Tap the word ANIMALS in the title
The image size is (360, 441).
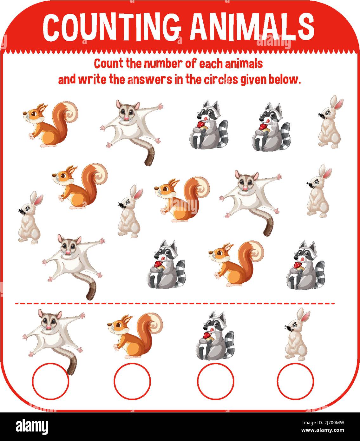pos(253,27)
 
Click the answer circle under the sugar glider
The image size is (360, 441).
pos(50,381)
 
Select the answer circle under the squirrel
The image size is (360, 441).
pos(133,381)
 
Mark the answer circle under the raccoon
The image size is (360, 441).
pos(215,381)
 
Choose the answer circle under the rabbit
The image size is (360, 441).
pos(295,381)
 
